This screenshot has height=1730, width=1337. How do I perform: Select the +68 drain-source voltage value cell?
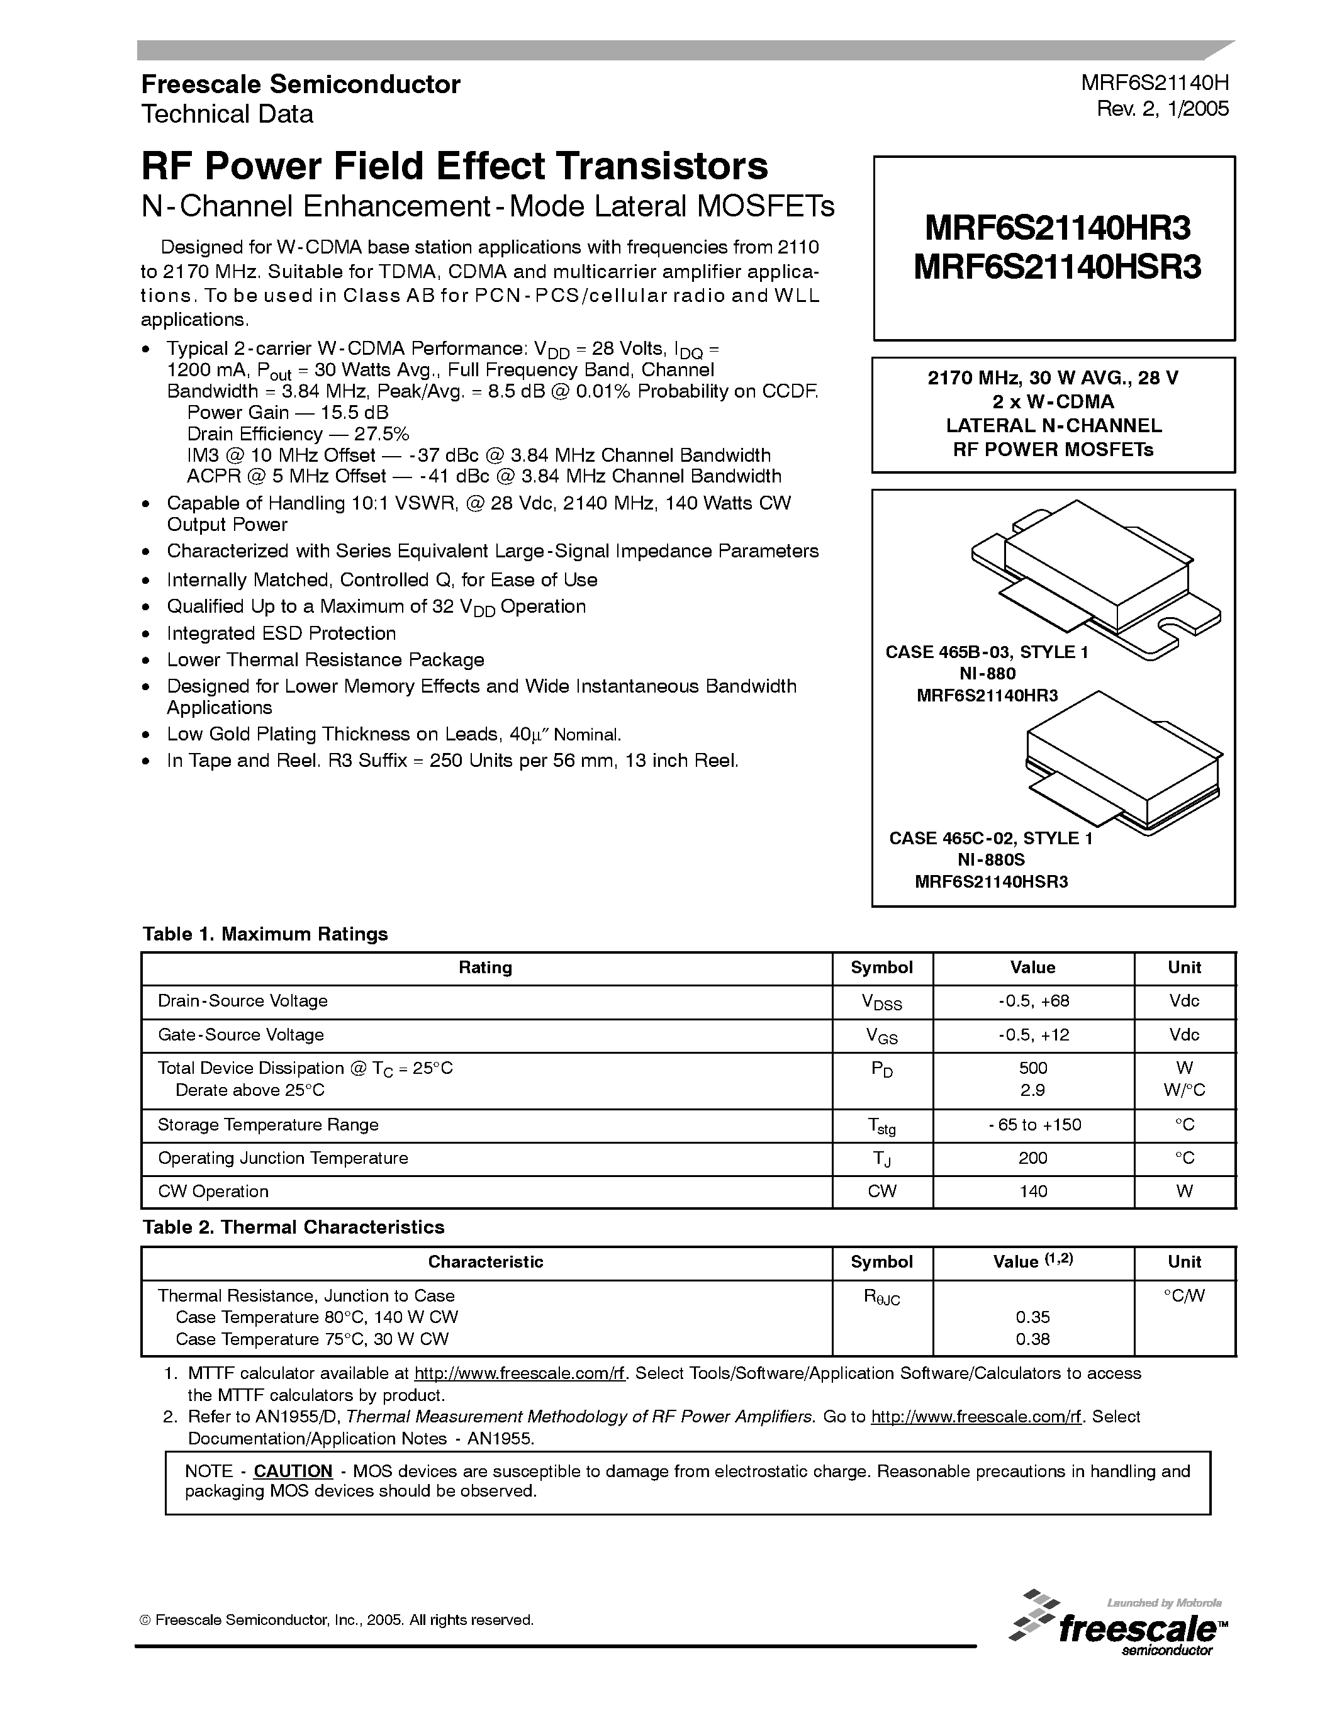click(1033, 1000)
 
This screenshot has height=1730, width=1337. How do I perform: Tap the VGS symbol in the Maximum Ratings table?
click(881, 1035)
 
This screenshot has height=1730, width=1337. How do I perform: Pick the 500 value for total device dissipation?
click(1033, 1068)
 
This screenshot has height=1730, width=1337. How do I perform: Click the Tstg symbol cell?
click(881, 1125)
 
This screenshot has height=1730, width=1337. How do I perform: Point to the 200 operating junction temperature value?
click(1033, 1158)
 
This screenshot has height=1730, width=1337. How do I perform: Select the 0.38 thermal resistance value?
click(1033, 1339)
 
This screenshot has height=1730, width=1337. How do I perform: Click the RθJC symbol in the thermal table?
click(881, 1297)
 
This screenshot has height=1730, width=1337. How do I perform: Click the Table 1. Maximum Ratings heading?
click(266, 934)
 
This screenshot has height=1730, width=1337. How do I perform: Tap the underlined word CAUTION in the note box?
click(293, 1471)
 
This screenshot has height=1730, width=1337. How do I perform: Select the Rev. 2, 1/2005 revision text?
click(1162, 109)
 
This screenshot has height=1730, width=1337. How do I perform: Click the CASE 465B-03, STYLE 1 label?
click(986, 652)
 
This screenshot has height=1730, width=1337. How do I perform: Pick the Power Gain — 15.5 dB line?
click(288, 413)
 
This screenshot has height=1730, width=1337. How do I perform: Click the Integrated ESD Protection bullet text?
click(281, 633)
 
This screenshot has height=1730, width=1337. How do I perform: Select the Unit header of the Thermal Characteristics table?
click(1184, 1262)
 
